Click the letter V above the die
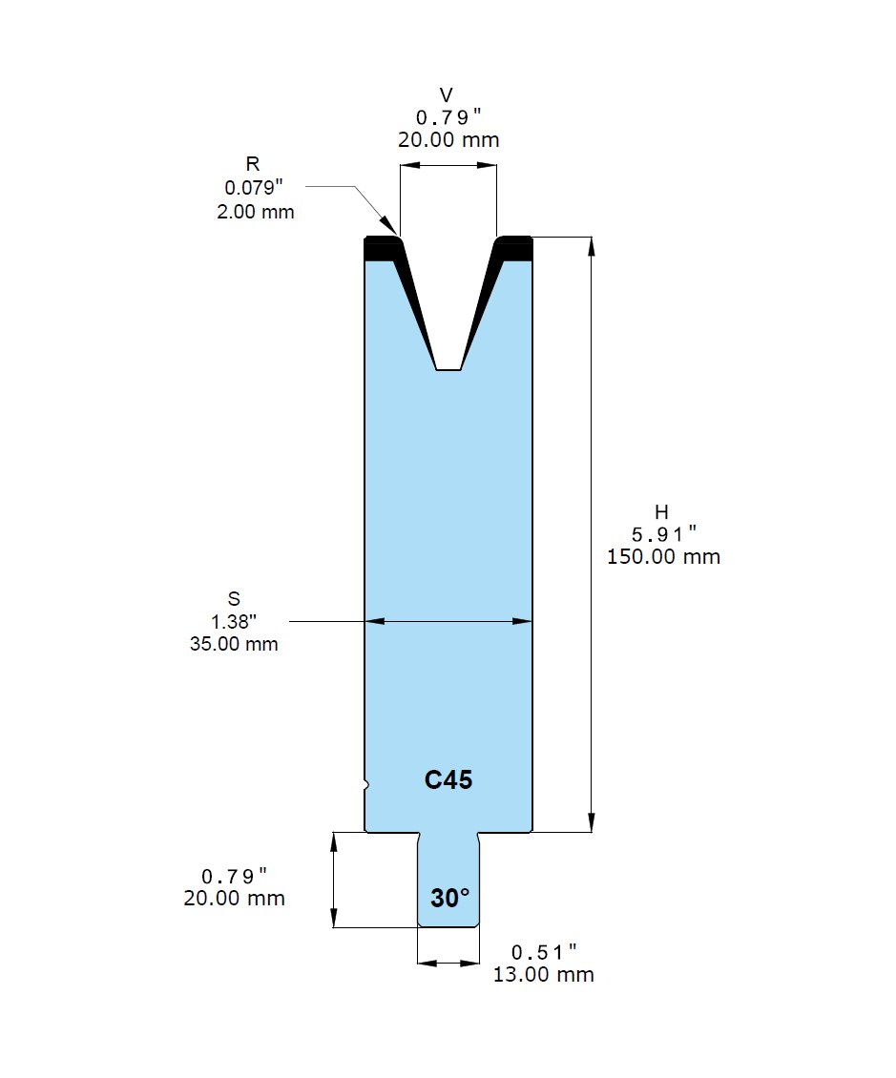[447, 94]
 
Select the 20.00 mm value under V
[448, 139]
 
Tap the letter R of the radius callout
[253, 164]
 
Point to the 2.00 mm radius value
[256, 212]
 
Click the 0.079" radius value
[254, 187]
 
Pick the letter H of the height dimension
[661, 511]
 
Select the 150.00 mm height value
[663, 556]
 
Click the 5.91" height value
[663, 533]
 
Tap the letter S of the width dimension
[234, 598]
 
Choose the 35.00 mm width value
[234, 644]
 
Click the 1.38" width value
[234, 621]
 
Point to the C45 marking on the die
[448, 779]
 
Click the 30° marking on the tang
[449, 898]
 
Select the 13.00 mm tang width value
[543, 974]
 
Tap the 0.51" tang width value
[543, 952]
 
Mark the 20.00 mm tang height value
[234, 898]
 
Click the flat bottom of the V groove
[448, 370]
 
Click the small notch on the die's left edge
[366, 784]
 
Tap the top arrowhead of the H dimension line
[592, 245]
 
